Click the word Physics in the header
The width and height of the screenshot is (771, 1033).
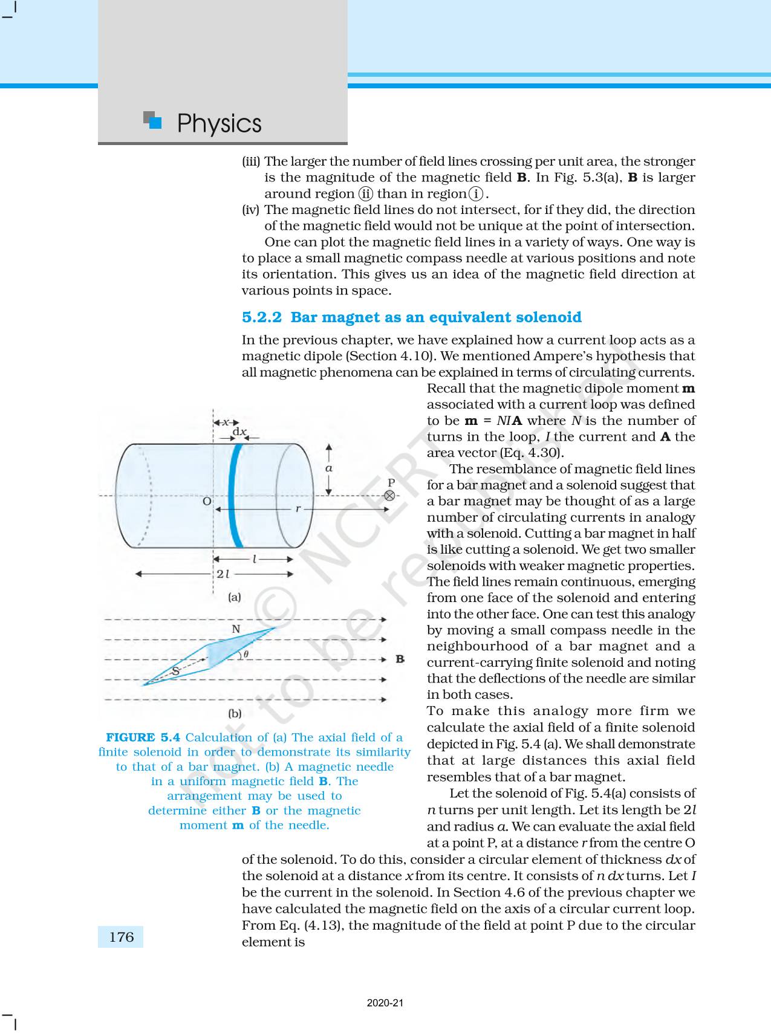pos(219,123)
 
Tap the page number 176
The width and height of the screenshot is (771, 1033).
pos(121,937)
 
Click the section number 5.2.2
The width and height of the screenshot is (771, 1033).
pos(261,317)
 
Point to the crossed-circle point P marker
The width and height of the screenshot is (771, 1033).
pos(390,496)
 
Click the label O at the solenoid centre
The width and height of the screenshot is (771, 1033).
pos(207,502)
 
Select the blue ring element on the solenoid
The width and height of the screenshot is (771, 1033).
pos(235,496)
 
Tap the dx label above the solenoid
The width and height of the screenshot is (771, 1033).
pos(240,432)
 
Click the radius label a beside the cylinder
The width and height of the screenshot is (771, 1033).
pos(329,468)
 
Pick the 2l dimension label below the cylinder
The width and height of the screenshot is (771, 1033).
pos(223,574)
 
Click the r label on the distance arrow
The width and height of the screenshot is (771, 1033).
pos(298,509)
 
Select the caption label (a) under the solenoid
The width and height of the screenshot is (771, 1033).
pos(234,597)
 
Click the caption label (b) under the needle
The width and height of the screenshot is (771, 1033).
pos(235,714)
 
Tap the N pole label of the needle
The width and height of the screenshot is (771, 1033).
pos(236,629)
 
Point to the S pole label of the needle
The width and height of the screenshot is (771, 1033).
pos(176,671)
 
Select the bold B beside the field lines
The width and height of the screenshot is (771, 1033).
pos(400,659)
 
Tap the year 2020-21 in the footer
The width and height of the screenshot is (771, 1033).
pos(385,1003)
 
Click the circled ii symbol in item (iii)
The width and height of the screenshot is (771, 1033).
pos(366,194)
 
